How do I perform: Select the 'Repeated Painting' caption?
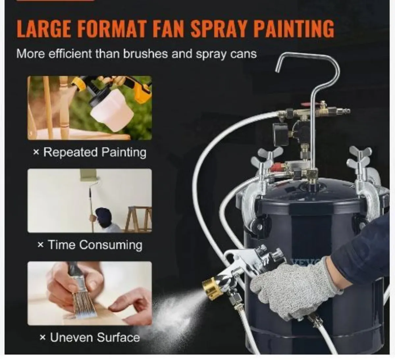tap(90, 152)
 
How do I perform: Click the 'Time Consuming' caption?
tap(90, 245)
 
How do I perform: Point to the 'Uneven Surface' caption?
tap(90, 337)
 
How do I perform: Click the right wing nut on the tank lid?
tap(360, 157)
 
